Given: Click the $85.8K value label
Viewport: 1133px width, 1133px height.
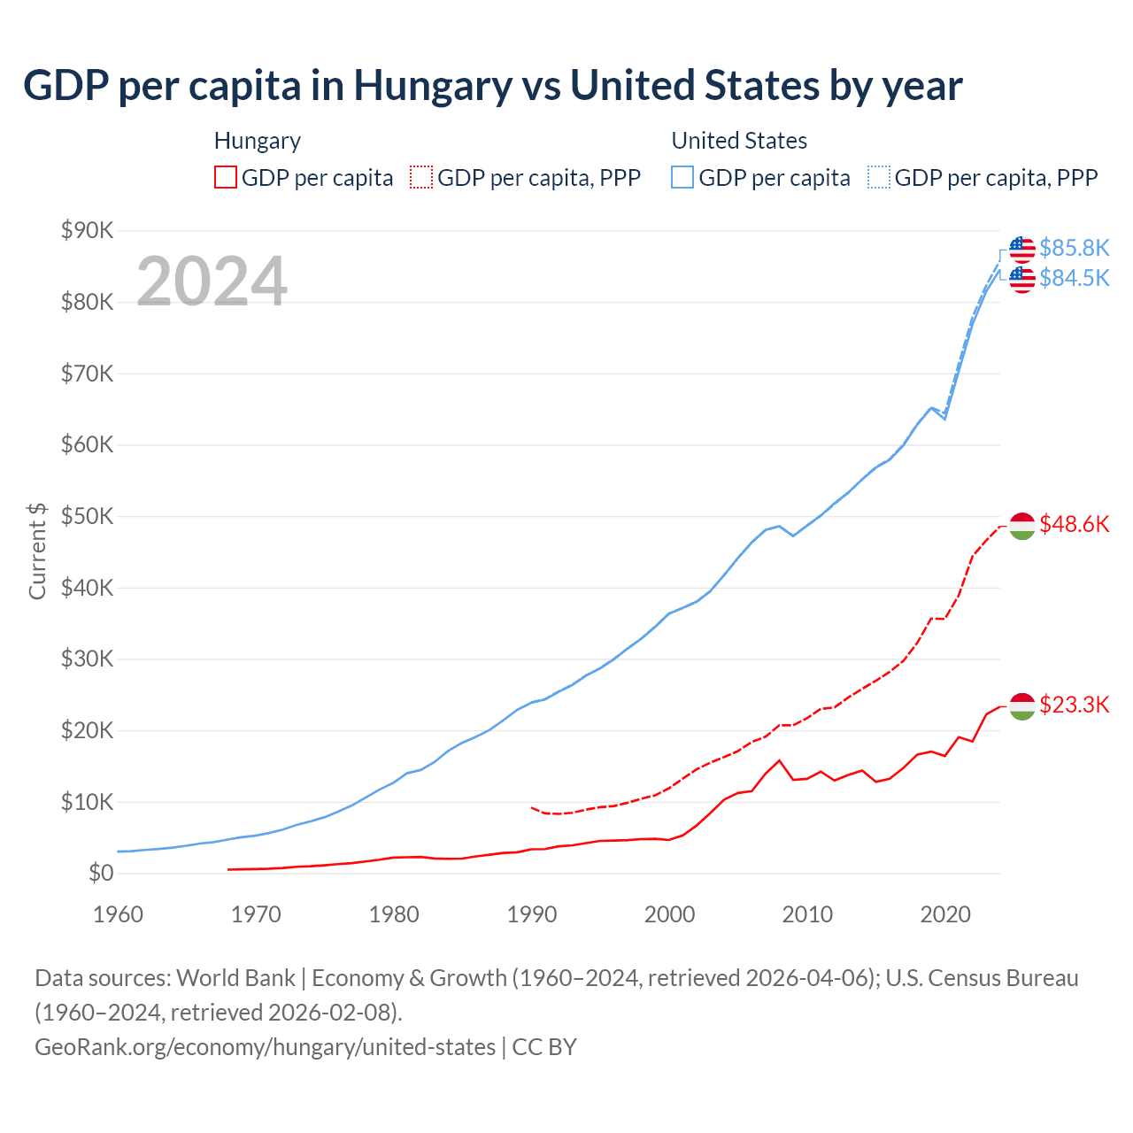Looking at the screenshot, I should click(1074, 248).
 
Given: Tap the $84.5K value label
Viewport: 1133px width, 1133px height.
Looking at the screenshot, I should click(1074, 278).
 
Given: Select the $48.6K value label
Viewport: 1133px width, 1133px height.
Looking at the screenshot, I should click(1074, 524).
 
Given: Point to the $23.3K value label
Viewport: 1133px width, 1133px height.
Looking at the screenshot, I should click(1074, 705).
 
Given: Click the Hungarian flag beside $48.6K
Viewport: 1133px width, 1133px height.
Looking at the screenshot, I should click(1022, 526).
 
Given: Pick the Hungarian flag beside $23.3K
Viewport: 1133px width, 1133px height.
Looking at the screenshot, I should click(1022, 706).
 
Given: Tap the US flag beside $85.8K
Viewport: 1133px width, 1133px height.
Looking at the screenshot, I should click(1022, 250).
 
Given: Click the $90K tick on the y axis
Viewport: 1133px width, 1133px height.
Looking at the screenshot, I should click(88, 231).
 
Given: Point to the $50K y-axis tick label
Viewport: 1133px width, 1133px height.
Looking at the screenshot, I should click(88, 517).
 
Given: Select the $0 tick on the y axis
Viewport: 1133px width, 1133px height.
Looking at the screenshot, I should click(101, 874).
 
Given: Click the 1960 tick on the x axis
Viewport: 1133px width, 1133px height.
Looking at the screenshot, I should click(118, 914).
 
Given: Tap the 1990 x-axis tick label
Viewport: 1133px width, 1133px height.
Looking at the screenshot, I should click(532, 914).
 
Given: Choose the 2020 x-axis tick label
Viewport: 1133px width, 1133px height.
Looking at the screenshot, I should click(945, 914).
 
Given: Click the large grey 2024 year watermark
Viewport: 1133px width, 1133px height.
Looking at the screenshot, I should click(212, 281).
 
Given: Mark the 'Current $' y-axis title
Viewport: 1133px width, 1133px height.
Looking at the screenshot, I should click(37, 551).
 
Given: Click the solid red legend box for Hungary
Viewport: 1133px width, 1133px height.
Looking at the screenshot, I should click(226, 178).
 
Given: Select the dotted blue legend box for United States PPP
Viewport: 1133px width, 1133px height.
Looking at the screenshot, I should click(879, 178).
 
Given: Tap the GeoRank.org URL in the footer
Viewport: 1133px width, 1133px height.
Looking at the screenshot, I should click(265, 1047).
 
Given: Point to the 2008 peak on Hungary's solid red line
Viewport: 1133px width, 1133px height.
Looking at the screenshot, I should click(779, 760).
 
